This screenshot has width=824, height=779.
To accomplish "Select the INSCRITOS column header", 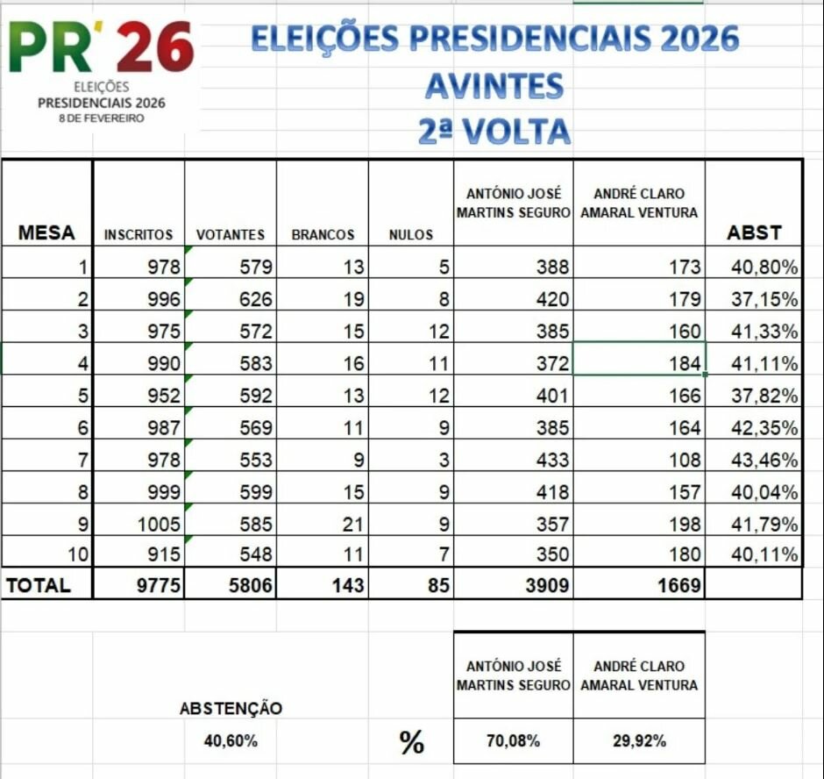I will point(139,235).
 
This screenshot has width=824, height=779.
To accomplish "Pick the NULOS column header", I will point(411,235).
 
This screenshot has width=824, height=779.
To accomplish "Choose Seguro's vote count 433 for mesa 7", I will point(552,461).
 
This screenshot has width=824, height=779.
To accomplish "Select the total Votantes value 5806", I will point(251,586).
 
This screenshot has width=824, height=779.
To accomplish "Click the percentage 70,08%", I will point(513,741).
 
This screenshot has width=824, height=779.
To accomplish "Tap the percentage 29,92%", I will point(639,741).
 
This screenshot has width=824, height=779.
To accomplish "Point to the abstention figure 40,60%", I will point(231,741).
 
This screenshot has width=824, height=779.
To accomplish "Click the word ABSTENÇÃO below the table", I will point(231,709).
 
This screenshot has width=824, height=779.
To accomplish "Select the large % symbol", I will point(411,742).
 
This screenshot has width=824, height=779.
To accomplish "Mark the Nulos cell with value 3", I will point(444,461).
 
